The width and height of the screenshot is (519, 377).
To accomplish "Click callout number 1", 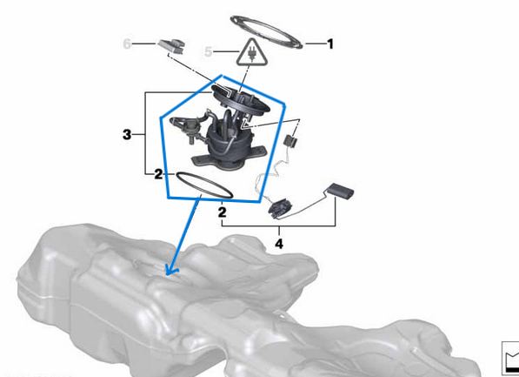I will pyautogui.click(x=330, y=43).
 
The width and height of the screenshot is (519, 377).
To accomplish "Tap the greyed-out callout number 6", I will pyautogui.click(x=128, y=43).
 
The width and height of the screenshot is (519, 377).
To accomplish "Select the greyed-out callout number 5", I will pyautogui.click(x=209, y=52).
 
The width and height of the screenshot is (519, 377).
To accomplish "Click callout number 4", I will pyautogui.click(x=279, y=245).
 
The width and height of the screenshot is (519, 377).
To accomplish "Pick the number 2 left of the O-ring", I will pyautogui.click(x=158, y=174).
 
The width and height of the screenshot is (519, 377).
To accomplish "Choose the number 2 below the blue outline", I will pyautogui.click(x=223, y=212).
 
